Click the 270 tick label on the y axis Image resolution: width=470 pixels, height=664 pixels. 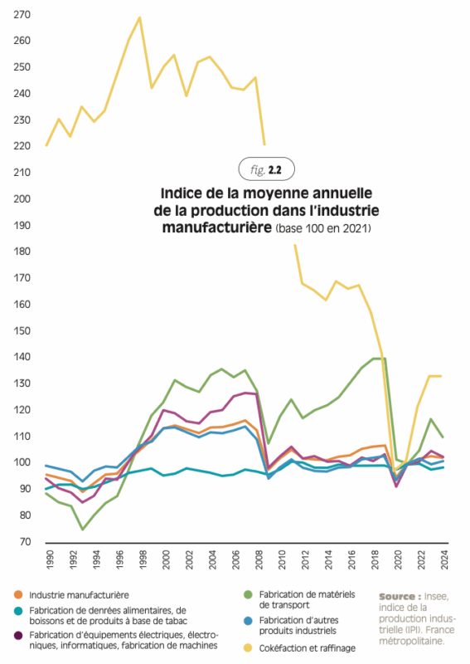[x=22, y=15]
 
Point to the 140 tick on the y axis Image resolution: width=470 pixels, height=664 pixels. [x=22, y=357]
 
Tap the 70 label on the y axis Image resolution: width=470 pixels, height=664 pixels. [x=26, y=542]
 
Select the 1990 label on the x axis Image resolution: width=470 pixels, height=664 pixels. [x=50, y=559]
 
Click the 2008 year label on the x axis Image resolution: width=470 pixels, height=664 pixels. [x=259, y=559]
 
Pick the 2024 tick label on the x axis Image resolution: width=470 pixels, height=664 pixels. [x=444, y=559]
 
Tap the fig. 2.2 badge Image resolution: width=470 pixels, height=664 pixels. [x=267, y=170]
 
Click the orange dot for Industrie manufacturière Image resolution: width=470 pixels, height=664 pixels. [x=18, y=595]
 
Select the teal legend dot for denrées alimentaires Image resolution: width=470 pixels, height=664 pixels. [x=18, y=611]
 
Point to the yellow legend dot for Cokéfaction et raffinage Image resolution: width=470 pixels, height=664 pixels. [x=249, y=648]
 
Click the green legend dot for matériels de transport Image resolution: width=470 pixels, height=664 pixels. [x=249, y=595]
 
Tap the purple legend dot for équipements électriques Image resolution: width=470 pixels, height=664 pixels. [x=18, y=635]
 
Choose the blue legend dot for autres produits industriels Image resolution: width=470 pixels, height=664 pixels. [x=249, y=621]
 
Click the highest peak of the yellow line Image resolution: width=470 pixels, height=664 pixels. [x=139, y=17]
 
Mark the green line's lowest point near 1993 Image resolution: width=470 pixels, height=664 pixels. [x=83, y=530]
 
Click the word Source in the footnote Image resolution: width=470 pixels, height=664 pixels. [x=397, y=597]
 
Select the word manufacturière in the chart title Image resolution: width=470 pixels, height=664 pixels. [x=217, y=227]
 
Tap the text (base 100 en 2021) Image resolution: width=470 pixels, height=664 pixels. [x=323, y=229]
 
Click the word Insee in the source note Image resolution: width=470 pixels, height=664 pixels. [x=436, y=597]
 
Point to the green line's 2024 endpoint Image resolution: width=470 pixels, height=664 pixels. [x=443, y=437]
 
